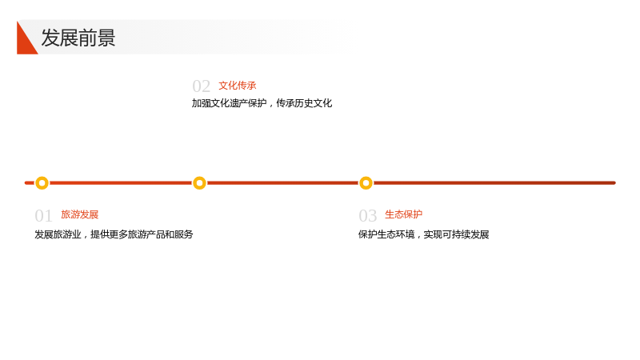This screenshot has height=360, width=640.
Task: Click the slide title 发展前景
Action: click(x=78, y=38)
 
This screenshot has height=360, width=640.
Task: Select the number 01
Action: click(x=43, y=216)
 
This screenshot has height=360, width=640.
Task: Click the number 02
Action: click(x=202, y=86)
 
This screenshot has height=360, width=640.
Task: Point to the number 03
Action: click(x=367, y=216)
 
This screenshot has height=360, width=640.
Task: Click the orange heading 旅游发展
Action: click(x=79, y=214)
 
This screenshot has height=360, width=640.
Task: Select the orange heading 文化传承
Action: click(x=237, y=86)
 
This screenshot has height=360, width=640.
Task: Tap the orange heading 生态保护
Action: click(x=403, y=214)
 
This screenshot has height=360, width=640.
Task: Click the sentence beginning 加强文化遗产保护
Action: click(x=262, y=103)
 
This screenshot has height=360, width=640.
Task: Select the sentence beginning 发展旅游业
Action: click(x=114, y=234)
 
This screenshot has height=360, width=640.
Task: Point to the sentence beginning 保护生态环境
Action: click(x=424, y=234)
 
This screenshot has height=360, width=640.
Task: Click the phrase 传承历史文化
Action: click(x=304, y=103)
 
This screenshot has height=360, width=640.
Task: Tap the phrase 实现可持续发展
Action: click(x=456, y=234)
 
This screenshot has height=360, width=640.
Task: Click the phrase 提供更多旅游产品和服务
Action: click(x=142, y=234)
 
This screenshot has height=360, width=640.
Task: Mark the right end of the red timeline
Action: click(x=614, y=183)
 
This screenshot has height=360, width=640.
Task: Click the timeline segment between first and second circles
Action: click(x=121, y=183)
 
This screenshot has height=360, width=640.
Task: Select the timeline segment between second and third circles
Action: click(x=282, y=183)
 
